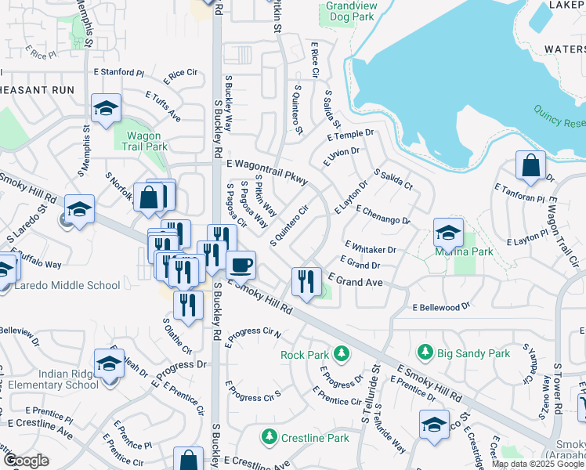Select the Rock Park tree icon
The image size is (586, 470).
(342, 354)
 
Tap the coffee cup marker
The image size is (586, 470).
(241, 264)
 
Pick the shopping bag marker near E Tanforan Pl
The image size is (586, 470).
(530, 165)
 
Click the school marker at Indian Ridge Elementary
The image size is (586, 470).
(109, 363)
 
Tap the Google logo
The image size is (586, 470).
(27, 461)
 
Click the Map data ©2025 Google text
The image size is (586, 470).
(537, 464)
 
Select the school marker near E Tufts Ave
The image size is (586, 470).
(106, 110)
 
